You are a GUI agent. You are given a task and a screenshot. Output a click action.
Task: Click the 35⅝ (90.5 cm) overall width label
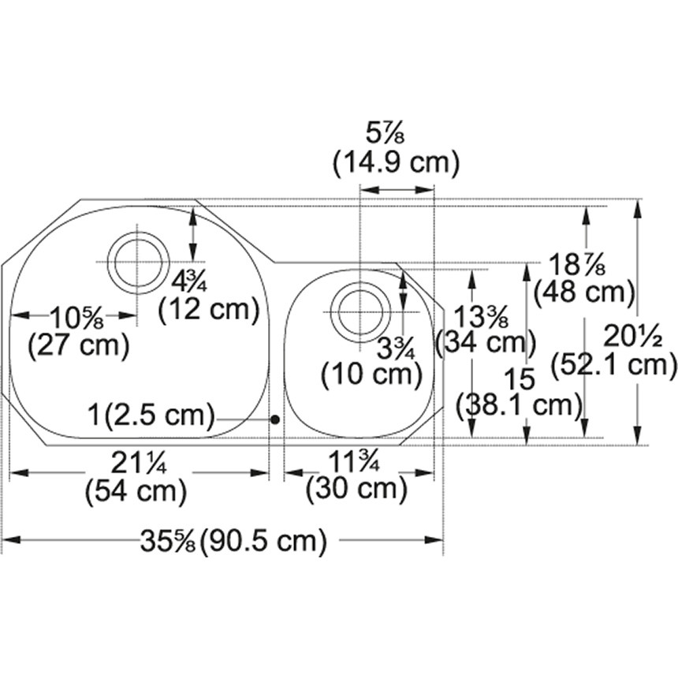click(233, 541)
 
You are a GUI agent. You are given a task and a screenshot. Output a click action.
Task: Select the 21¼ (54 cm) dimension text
click(136, 477)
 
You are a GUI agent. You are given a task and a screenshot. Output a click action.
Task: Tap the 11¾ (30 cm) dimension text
click(356, 475)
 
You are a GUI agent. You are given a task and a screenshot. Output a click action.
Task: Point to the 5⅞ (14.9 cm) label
click(395, 150)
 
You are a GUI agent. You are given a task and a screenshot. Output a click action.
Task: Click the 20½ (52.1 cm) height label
click(614, 350)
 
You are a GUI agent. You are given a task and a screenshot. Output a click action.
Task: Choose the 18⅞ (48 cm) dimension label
click(583, 279)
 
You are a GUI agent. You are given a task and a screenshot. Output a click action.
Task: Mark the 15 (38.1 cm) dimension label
click(520, 392)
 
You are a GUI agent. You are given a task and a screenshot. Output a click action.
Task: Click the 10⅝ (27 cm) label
click(78, 332)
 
